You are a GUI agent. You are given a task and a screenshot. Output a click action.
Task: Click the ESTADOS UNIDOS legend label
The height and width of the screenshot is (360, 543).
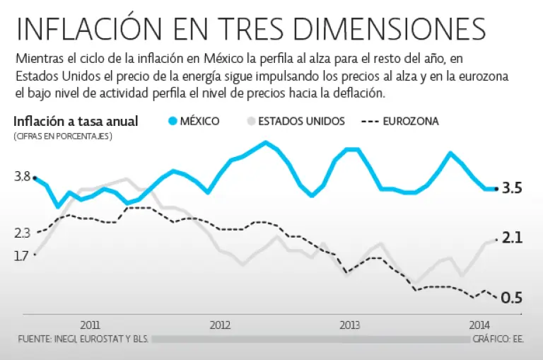point(301,121)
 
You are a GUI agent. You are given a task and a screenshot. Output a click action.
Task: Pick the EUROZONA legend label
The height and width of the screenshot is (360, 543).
point(410,121)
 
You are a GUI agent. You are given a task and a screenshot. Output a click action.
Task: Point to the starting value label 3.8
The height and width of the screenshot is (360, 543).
point(21,177)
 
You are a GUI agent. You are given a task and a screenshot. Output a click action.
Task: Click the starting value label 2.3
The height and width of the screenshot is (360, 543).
point(21,233)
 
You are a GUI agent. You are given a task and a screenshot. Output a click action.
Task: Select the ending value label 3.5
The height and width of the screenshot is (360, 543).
point(512,188)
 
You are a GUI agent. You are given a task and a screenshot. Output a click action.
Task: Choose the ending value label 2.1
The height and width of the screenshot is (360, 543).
point(512,238)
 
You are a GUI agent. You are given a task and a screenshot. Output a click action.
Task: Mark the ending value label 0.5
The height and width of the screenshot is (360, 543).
point(512,298)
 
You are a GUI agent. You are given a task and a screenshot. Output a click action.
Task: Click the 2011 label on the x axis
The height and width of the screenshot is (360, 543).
point(90,325)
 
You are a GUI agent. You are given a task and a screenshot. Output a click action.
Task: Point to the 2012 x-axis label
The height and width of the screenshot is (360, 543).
point(221,325)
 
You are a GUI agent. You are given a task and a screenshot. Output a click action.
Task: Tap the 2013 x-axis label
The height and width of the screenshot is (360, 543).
point(349,325)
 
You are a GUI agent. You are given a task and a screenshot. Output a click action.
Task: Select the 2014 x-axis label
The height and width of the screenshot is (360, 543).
point(480,325)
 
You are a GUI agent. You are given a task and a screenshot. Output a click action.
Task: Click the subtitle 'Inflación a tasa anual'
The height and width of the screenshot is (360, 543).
point(76,121)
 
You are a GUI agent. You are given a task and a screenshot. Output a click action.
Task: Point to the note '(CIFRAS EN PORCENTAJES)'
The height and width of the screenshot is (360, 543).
point(62,136)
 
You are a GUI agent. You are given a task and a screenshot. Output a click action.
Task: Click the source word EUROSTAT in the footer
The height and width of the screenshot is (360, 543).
point(97,339)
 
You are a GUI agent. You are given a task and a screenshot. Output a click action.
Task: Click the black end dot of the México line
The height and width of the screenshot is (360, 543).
point(496,189)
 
